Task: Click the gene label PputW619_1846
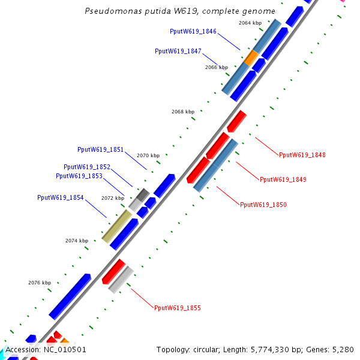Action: coord(193,31)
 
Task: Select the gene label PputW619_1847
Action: coord(178,52)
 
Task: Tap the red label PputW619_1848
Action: coord(302,155)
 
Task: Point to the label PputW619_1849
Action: coord(283,179)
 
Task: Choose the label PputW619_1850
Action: coord(263,205)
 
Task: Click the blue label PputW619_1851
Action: coord(100,149)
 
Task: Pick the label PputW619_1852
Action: coord(87,167)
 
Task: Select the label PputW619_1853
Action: coord(79,176)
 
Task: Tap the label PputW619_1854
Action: coord(61,197)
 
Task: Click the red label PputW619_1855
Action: coord(178,308)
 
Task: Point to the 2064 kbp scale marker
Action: coord(250,23)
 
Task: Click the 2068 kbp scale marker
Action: coord(183,112)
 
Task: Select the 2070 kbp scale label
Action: coord(148,155)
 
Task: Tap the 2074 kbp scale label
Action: coord(77,241)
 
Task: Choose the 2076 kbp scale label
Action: coord(40,283)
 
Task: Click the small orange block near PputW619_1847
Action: coord(251,58)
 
